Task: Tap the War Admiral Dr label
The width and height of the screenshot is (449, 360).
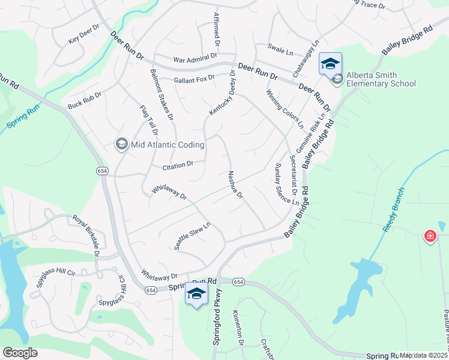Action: point(194,59)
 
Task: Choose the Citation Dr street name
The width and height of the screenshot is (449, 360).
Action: point(178,164)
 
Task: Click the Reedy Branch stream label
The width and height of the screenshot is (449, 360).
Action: point(393,210)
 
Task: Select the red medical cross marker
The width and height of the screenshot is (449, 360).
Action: point(430,236)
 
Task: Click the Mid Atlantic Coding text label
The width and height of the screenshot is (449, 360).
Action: point(168,145)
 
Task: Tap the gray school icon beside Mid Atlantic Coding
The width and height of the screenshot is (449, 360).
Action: point(122,144)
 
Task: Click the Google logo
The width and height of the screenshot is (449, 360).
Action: point(20,353)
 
